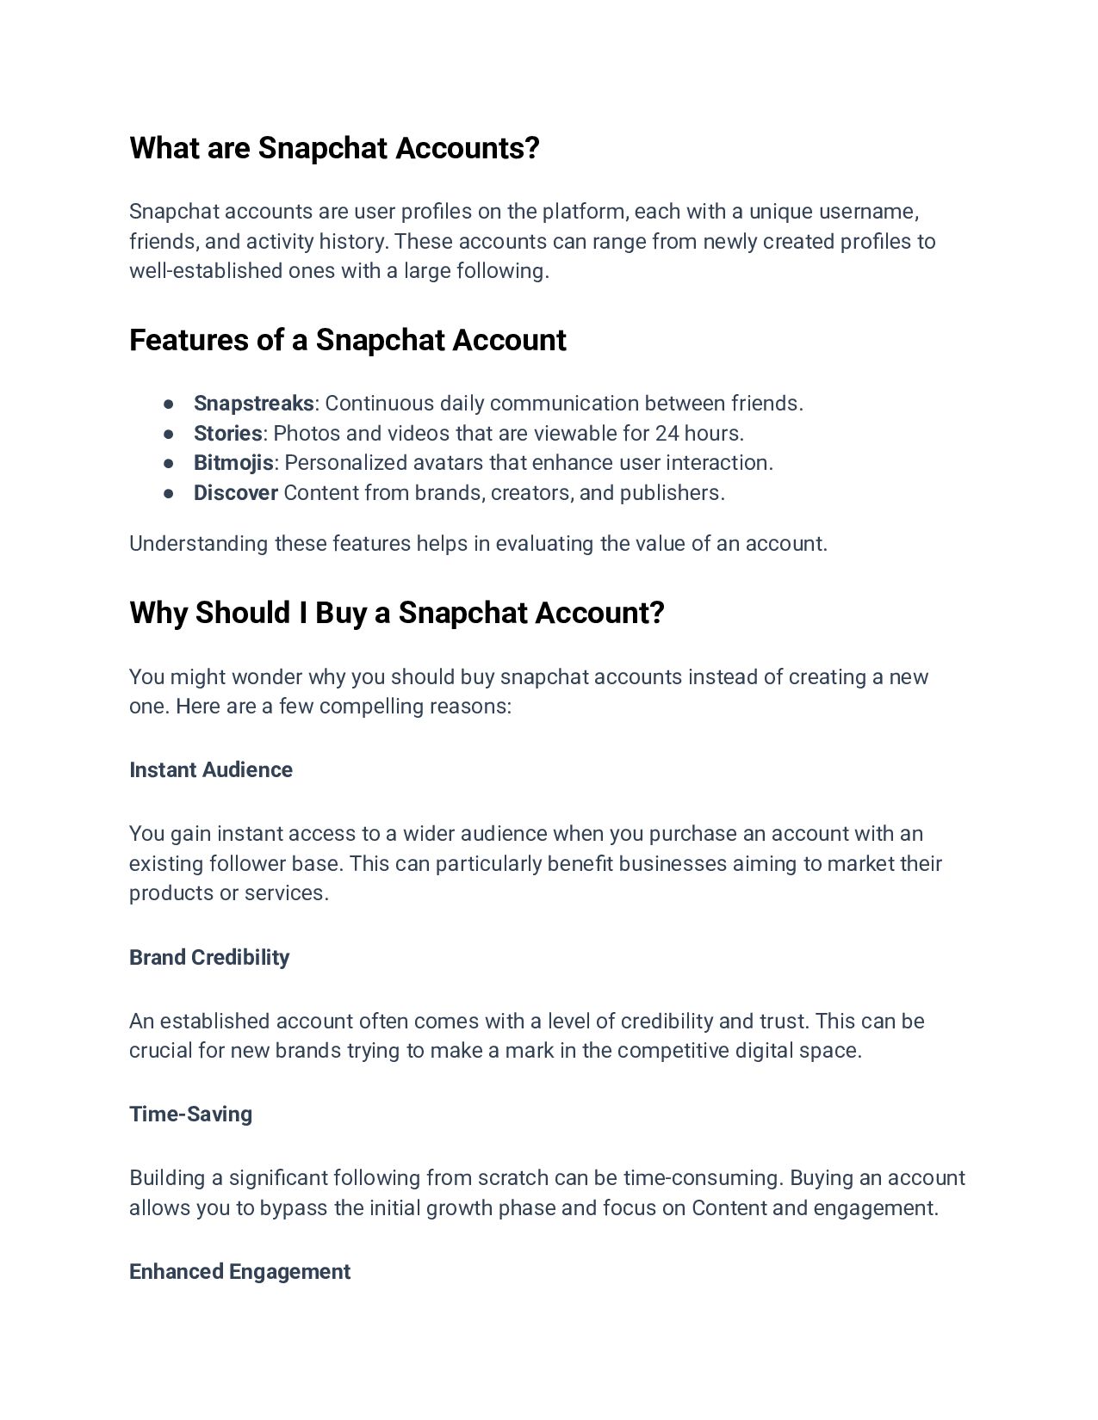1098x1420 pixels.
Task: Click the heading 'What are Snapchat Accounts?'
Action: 334,148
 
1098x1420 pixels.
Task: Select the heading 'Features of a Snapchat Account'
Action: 347,340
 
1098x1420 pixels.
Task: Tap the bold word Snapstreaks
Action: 253,404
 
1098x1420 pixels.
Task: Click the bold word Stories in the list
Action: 227,433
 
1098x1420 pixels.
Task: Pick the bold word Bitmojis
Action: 233,463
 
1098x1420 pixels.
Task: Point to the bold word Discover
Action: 235,493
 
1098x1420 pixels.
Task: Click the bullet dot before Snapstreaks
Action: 169,404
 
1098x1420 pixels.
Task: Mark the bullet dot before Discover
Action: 169,493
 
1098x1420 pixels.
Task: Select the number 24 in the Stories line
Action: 667,433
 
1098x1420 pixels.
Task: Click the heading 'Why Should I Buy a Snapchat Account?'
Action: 396,613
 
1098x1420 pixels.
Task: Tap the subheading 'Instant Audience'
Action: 211,769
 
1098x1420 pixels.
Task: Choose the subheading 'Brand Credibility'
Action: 209,957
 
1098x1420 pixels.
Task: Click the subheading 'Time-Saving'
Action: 190,1114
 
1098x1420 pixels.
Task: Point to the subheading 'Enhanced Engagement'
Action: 239,1271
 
